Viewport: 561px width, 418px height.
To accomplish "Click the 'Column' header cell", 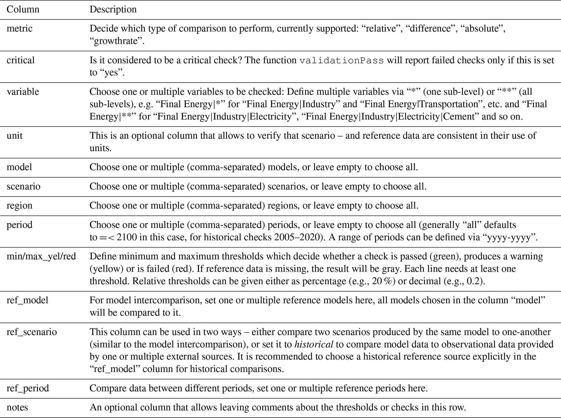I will click(23, 9).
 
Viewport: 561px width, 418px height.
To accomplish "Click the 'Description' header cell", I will click(113, 9).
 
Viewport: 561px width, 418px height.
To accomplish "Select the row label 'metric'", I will click(20, 28).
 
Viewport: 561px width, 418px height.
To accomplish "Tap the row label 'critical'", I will click(21, 60).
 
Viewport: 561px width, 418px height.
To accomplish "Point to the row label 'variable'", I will click(23, 92).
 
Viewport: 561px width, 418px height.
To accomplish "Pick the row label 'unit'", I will click(15, 135).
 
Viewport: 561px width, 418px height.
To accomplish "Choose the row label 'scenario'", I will click(24, 186).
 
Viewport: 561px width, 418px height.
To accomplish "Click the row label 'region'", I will click(20, 205).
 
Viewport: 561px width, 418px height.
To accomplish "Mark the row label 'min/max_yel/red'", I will click(41, 256).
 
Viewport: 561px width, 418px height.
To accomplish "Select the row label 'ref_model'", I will click(27, 300).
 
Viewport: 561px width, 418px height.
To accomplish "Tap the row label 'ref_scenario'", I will click(32, 332).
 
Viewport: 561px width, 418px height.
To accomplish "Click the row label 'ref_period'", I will click(28, 388).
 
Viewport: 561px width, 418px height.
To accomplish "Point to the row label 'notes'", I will click(17, 407).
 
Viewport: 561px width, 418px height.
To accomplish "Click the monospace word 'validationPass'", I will click(341, 60).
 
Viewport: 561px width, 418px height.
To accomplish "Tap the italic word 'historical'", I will click(314, 344).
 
